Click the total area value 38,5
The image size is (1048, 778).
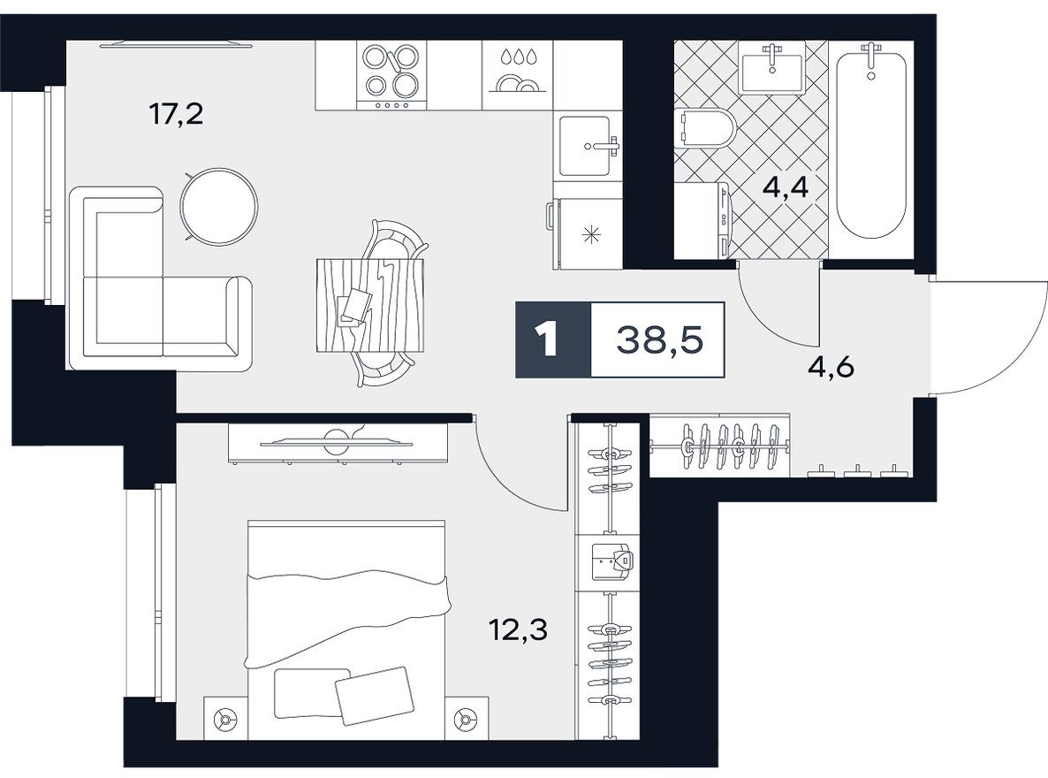point(657,340)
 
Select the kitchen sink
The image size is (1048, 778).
point(589,145)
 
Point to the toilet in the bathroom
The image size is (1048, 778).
point(703,131)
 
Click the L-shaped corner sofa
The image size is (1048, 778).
point(141,292)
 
